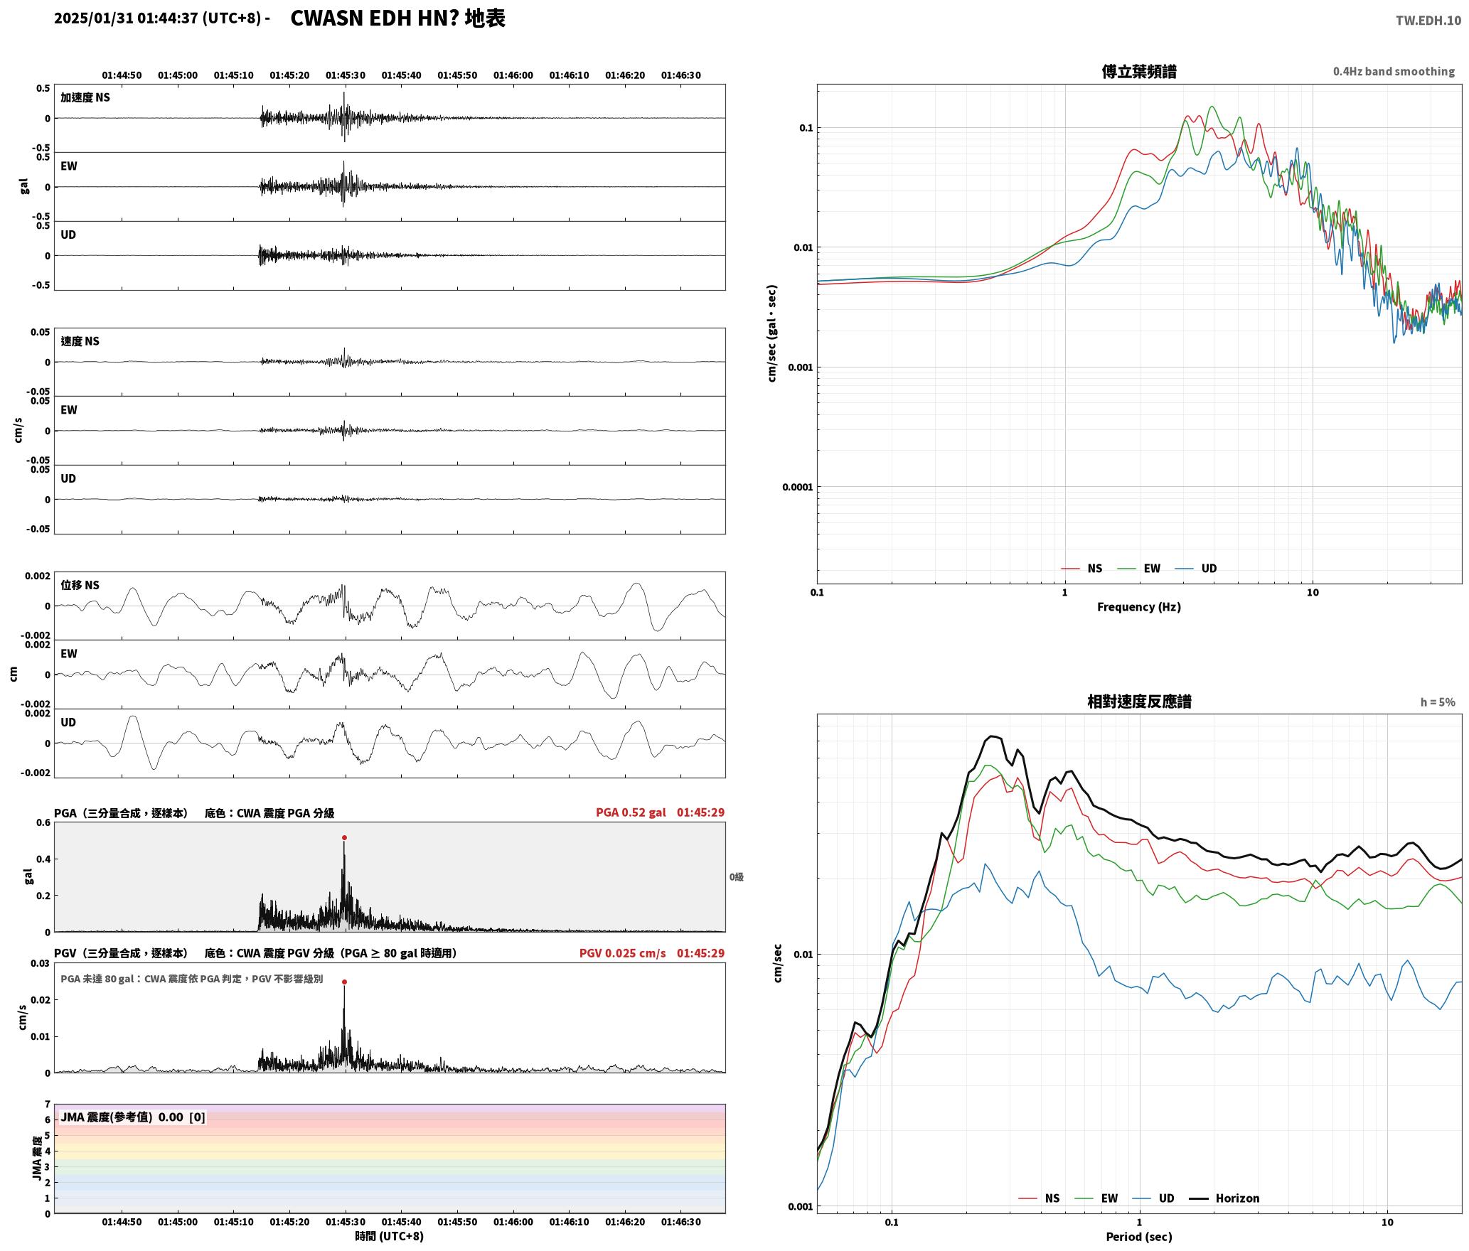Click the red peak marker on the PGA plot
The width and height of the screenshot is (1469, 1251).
344,838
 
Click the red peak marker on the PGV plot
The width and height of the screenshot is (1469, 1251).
344,982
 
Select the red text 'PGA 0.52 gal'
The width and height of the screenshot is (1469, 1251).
631,812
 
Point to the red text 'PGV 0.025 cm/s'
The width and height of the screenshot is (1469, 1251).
622,953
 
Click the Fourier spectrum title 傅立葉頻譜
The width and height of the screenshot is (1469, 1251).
1139,72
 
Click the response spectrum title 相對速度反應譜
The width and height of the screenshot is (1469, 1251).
1139,702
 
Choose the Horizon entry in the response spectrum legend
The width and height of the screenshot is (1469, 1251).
1224,1198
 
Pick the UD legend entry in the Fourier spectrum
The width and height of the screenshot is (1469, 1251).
1196,569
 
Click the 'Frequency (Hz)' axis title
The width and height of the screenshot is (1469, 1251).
1138,607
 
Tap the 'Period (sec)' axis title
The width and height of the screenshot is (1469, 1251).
1138,1237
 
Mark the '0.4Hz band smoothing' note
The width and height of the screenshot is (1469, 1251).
1394,72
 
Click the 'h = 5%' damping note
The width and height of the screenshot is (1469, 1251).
1438,702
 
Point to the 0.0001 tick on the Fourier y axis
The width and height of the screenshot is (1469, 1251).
797,488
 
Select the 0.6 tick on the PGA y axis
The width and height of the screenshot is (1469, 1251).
43,823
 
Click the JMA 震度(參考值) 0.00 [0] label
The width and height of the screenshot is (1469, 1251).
133,1117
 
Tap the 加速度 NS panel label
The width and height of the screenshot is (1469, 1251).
85,97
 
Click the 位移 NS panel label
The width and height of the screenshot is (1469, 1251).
80,586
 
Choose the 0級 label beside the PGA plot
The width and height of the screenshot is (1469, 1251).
736,877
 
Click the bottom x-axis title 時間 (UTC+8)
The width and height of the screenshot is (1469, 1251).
390,1237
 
